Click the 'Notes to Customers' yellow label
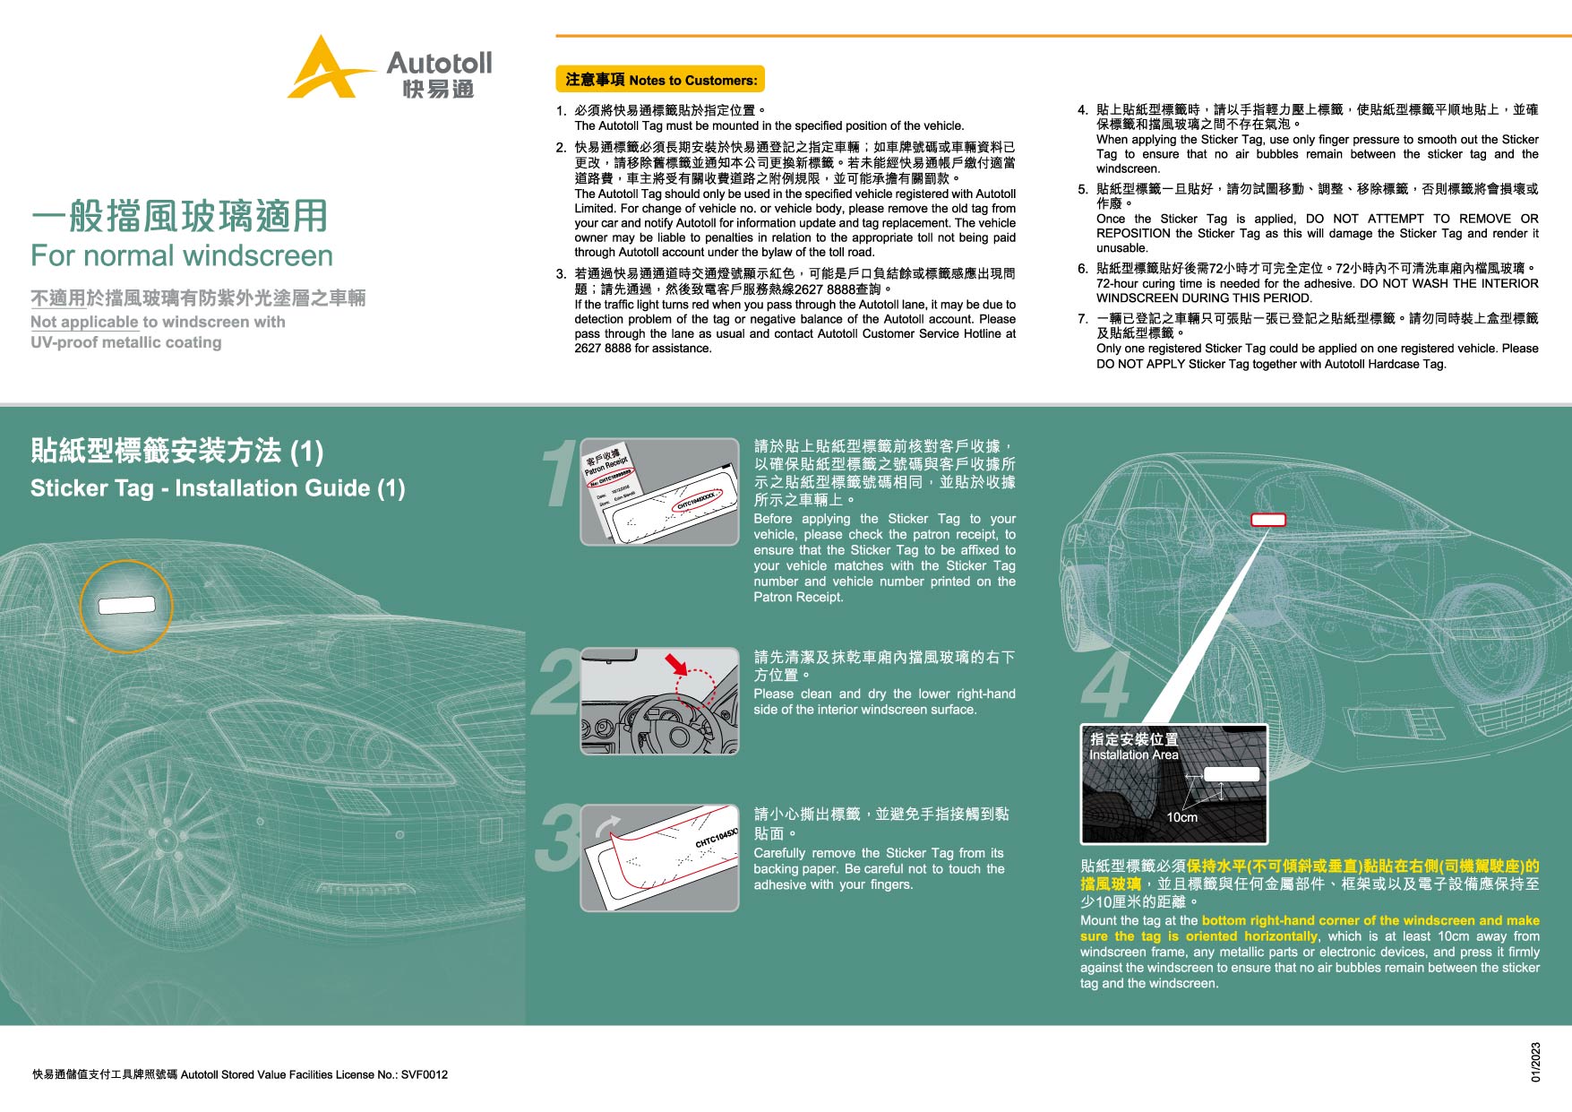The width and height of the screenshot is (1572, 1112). point(660,80)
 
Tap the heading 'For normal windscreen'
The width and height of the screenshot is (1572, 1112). point(182,256)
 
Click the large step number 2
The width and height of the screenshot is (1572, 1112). point(558,684)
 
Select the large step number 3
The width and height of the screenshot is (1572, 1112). point(558,839)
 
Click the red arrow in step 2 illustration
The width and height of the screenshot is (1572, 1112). point(675,664)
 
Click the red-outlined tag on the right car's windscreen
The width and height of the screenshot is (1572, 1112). point(1267,520)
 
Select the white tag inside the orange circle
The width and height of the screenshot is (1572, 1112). point(126,606)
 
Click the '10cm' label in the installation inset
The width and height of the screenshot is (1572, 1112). point(1181,817)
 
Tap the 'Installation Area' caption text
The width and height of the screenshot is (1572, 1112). point(1133,755)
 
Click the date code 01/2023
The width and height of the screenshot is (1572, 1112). point(1535,1062)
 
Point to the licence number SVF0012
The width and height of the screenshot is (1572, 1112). point(424,1074)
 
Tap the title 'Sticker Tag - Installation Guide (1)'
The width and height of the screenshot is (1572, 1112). point(218,488)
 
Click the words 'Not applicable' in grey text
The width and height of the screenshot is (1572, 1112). point(84,322)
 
